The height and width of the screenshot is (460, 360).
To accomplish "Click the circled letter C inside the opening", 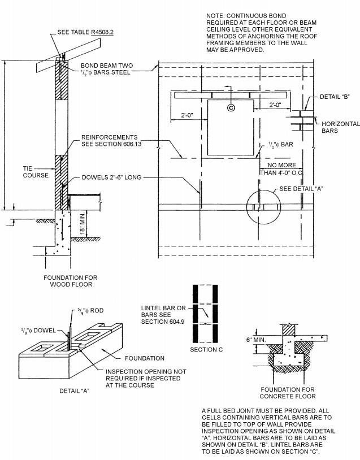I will (231, 107).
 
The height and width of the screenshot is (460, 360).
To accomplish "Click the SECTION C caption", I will (206, 350).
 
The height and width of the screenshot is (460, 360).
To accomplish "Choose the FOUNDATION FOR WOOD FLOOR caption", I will (71, 281).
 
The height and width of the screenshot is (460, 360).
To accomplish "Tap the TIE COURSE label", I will (32, 172).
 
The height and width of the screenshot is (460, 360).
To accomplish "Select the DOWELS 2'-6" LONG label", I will (112, 177).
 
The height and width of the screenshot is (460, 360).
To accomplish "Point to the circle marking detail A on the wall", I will (263, 207).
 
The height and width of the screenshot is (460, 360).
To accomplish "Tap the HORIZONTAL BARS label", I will (337, 127).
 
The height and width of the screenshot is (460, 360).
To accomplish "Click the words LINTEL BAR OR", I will (163, 308).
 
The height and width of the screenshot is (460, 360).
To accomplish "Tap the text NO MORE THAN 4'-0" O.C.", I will (281, 169).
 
